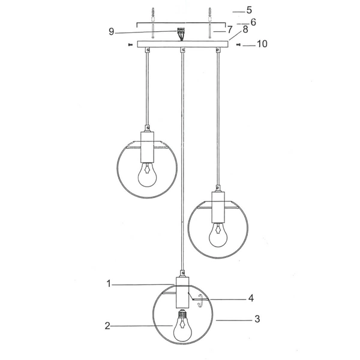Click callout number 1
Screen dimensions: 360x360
(x=109, y=284)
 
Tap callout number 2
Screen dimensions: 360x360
(x=107, y=326)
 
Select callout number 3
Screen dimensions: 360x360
(x=257, y=319)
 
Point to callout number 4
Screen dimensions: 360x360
(x=251, y=298)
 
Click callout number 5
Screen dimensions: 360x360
(x=250, y=10)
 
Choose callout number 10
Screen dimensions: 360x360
(x=262, y=44)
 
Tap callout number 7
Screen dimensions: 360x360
(x=229, y=29)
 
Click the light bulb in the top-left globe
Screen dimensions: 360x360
(x=146, y=175)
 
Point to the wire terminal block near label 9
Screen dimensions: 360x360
(x=181, y=31)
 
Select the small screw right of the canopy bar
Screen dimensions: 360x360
(x=238, y=44)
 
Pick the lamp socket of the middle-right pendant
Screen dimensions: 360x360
(x=218, y=207)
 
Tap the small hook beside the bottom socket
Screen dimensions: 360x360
(x=201, y=305)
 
